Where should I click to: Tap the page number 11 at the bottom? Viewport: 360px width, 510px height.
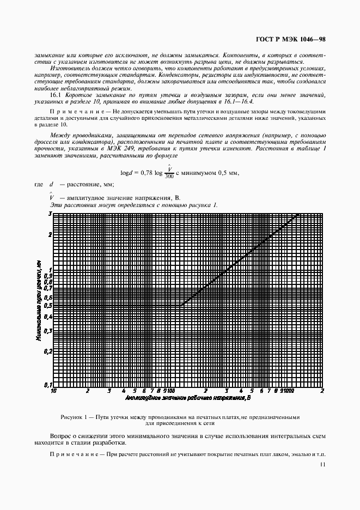(323, 465)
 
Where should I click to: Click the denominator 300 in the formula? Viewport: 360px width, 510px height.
(169, 177)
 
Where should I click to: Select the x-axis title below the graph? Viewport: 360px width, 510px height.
(187, 398)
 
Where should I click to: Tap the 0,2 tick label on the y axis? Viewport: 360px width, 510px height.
(47, 351)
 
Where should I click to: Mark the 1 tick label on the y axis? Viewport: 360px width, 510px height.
(49, 270)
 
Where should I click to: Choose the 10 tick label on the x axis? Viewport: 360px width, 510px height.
(53, 391)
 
